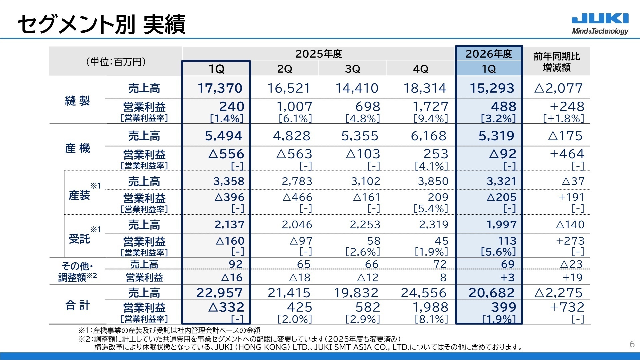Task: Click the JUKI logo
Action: [600, 24]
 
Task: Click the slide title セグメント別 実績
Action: [101, 24]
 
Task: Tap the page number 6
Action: [632, 344]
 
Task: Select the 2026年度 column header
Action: [489, 54]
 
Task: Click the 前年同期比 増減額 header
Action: [557, 62]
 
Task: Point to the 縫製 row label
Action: [78, 100]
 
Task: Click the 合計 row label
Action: [78, 305]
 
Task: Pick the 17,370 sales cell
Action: [220, 88]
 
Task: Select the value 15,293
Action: [492, 88]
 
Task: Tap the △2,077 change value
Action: [558, 88]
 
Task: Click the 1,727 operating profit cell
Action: [430, 107]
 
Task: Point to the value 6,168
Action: [429, 136]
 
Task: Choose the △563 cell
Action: [294, 154]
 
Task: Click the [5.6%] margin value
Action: [498, 252]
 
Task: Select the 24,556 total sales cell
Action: [424, 293]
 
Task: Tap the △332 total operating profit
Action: [226, 307]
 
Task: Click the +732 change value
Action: [567, 307]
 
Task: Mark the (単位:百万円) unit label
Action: [116, 62]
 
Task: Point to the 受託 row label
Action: [79, 239]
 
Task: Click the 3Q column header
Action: [353, 69]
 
